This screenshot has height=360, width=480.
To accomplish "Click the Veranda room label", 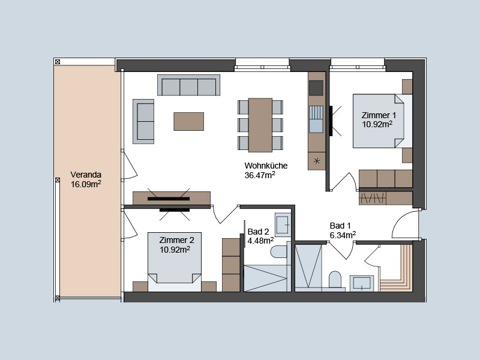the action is tap(86, 175).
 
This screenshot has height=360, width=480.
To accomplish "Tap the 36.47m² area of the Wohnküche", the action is tap(260, 175).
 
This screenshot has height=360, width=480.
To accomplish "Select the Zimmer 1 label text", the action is tap(379, 115).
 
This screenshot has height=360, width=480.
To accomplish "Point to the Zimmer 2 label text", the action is tap(176, 240).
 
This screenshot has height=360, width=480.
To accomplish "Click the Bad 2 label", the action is tap(258, 232).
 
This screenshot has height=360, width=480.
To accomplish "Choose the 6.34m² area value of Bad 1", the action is tap(343, 235).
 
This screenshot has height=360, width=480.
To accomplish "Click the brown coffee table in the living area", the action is tap(188, 122).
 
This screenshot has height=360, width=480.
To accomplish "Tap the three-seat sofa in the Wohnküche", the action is tap(188, 85).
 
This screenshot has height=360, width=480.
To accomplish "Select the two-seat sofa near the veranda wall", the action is tap(143, 121).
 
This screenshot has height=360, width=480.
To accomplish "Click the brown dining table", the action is tap(260, 125).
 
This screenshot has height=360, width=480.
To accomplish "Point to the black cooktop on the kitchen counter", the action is tap(316, 88).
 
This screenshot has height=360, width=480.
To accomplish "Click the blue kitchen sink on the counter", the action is tap(316, 119).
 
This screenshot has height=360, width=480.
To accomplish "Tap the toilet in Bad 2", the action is tap(278, 252).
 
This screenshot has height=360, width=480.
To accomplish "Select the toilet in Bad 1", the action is tap(335, 279).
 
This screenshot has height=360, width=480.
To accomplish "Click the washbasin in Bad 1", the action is tap(362, 283).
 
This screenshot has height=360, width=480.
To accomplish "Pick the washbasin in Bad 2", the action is tap(283, 224).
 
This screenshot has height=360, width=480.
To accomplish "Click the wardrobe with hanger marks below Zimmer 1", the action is tap(372, 199).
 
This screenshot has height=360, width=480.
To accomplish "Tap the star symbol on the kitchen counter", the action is tap(317, 160).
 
